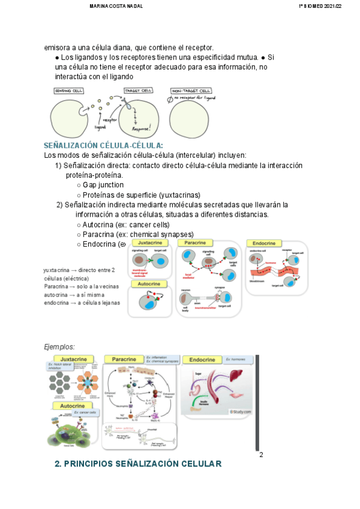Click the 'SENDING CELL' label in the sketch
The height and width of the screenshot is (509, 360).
[x=69, y=91]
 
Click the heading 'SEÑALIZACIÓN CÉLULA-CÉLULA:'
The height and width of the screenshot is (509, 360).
[x=103, y=146]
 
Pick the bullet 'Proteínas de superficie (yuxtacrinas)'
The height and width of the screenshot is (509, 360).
[x=142, y=195]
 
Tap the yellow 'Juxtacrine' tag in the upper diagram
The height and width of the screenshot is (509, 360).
[x=150, y=243]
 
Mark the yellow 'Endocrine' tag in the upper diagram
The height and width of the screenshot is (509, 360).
[x=264, y=244]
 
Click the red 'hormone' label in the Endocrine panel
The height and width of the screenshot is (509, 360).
[x=271, y=263]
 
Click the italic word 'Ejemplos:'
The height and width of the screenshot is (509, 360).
[x=60, y=347]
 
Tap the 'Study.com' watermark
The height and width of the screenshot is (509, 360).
[x=240, y=412]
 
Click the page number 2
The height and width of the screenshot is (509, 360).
[x=261, y=454]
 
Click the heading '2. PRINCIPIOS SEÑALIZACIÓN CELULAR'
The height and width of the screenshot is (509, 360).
[x=138, y=464]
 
